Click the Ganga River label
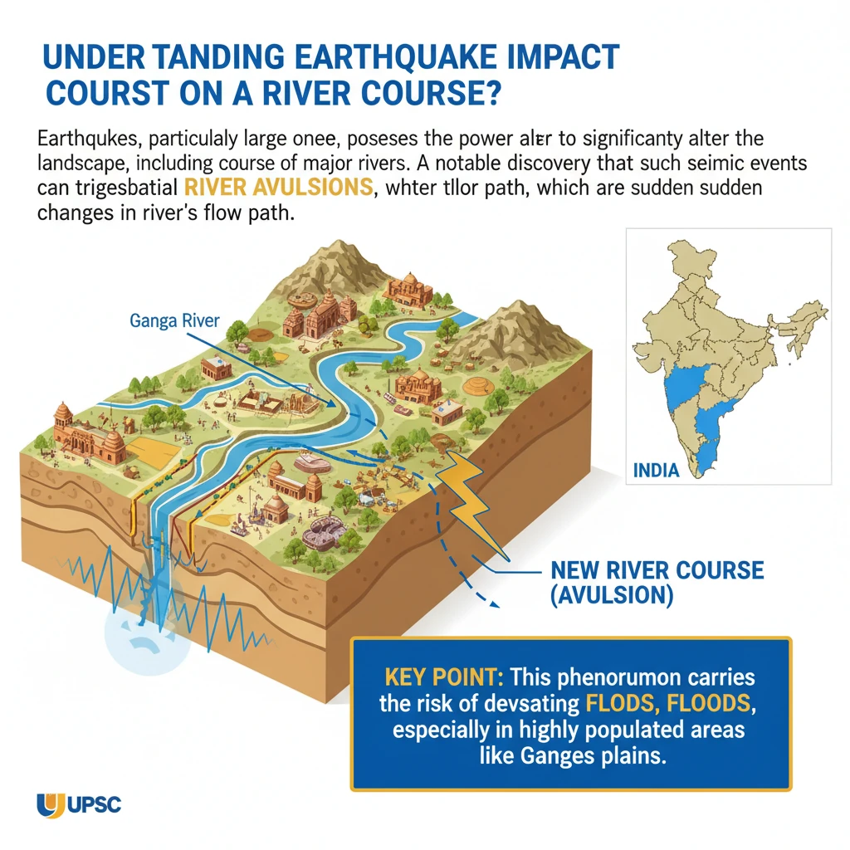174,320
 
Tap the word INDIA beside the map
656,470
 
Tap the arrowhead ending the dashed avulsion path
495,603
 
